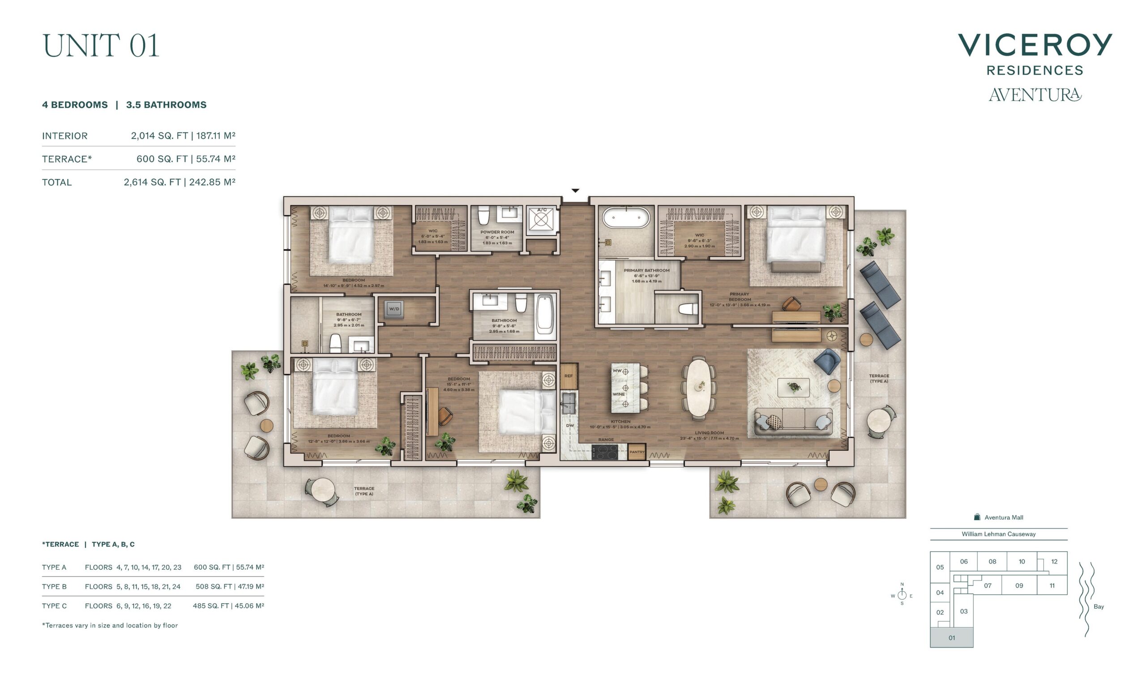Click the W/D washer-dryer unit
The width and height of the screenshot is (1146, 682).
point(394,309)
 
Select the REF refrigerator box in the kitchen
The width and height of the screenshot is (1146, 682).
point(569,376)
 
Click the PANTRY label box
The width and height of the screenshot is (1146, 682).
point(637,452)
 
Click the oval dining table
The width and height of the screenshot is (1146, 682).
point(698,387)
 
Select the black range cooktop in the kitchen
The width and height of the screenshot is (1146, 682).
point(604,452)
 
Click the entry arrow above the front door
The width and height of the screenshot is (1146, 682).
point(575,190)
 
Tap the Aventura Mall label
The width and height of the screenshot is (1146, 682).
point(1004,517)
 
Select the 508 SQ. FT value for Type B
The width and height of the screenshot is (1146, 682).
point(213,586)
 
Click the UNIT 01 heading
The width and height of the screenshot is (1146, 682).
point(101,46)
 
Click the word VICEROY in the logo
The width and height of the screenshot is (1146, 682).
point(1035,45)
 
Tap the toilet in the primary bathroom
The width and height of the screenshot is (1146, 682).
point(688,309)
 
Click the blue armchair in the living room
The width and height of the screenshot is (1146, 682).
point(827,360)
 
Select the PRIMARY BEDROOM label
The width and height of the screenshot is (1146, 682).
point(739,297)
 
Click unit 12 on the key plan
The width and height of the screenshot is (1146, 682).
point(1055,562)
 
